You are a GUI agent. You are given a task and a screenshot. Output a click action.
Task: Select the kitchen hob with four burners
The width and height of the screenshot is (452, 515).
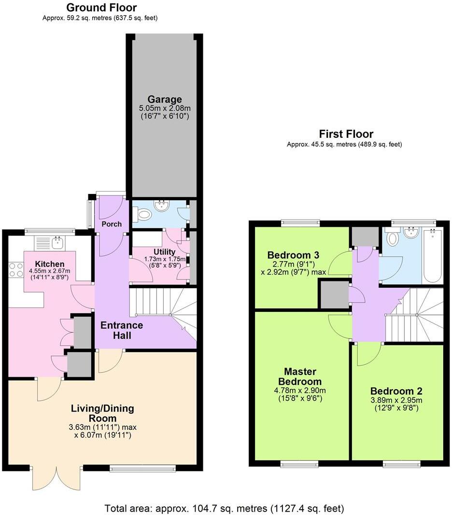coord(15,269)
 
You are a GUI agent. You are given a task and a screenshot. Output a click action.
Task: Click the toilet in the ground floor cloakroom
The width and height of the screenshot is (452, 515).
coord(143,214)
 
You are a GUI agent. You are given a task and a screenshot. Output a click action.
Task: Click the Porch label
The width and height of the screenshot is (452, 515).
coord(111,224)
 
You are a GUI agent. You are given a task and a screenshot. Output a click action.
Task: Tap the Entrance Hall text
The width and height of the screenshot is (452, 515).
coord(122,330)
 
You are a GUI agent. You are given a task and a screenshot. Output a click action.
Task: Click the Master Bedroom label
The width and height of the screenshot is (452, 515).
coord(300,377)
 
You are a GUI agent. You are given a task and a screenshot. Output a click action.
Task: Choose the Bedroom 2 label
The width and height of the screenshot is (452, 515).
coord(396,391)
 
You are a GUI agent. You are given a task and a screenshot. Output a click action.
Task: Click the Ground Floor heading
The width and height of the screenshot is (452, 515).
coord(101,8)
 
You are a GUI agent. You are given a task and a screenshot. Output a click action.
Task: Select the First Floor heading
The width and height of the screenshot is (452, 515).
coord(346,134)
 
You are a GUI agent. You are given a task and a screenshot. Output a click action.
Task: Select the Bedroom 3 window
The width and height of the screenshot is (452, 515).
coord(300,222)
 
